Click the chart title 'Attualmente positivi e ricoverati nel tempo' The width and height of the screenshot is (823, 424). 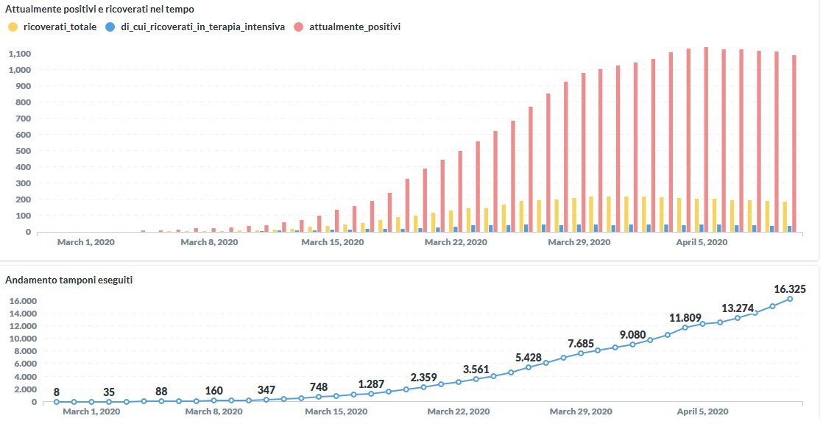pos(99,9)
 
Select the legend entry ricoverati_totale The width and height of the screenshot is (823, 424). pos(54,27)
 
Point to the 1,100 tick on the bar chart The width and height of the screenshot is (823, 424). pos(19,54)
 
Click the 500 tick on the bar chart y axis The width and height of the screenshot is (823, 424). pos(24,151)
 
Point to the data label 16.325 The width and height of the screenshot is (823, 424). pos(790,289)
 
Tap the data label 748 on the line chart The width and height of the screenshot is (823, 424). pos(319,387)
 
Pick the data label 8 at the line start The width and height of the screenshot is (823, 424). pos(57,393)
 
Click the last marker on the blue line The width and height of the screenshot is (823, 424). pos(790,299)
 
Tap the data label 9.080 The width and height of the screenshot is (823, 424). pos(633,335)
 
